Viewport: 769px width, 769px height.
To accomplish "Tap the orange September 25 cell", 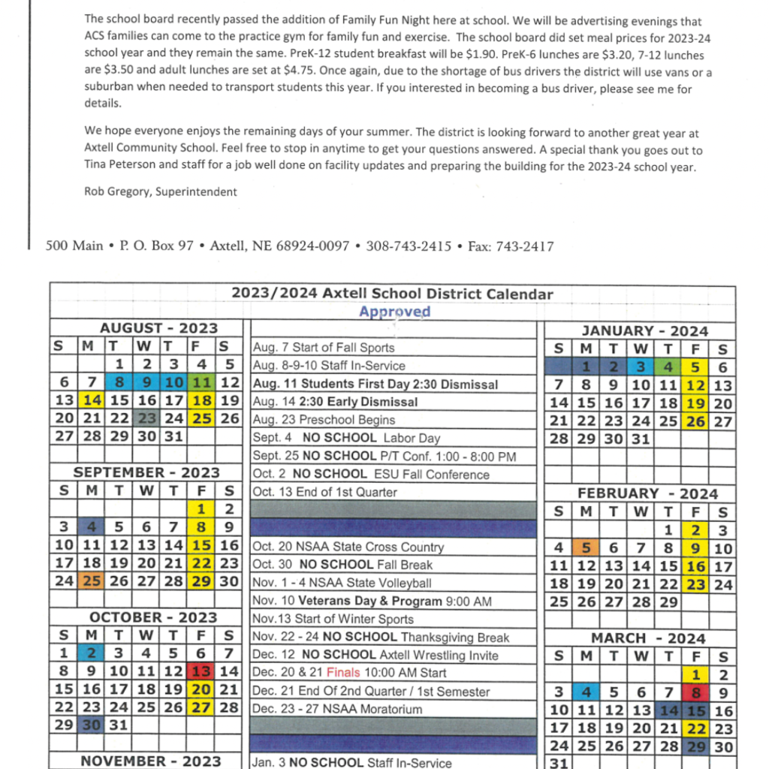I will [x=92, y=581].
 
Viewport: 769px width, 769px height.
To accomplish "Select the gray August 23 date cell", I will [x=147, y=419].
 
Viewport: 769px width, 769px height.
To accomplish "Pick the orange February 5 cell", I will [x=587, y=548].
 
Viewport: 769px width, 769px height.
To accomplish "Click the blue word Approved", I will [x=394, y=312].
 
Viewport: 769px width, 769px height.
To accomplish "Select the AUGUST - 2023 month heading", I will [x=158, y=328].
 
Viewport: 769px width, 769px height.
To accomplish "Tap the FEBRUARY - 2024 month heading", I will [x=647, y=493].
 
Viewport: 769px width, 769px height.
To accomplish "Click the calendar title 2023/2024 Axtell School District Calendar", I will [x=392, y=294].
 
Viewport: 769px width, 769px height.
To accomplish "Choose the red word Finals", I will [x=343, y=673].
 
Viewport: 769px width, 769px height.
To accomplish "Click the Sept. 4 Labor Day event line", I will [x=346, y=438].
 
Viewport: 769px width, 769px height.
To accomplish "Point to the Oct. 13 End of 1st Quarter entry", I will [x=324, y=492].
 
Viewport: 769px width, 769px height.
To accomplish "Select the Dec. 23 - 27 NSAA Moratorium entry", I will [x=337, y=709].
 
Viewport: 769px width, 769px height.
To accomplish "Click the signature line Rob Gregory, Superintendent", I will [x=161, y=191].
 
